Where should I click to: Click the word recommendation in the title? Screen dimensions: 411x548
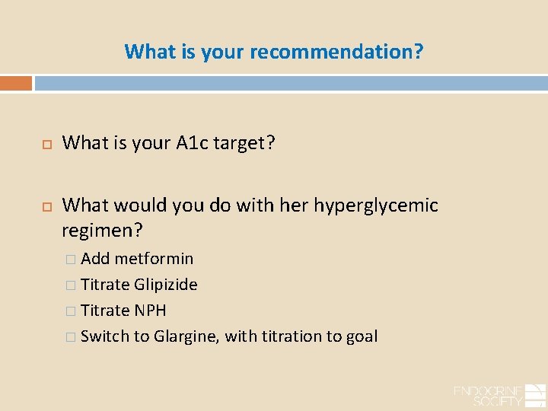336,52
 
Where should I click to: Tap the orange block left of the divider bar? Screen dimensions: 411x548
16,83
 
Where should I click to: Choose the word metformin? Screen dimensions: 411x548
155,259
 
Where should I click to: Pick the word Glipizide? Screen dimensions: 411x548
165,285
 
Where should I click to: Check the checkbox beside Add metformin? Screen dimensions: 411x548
71,260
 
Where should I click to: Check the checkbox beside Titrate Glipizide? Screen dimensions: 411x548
71,285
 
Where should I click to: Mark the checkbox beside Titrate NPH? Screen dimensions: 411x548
71,311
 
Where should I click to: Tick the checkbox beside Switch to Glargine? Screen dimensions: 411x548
71,337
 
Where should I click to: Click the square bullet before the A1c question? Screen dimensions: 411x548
44,142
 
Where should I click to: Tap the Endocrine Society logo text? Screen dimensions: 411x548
488,395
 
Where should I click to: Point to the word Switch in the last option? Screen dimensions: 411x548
104,336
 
